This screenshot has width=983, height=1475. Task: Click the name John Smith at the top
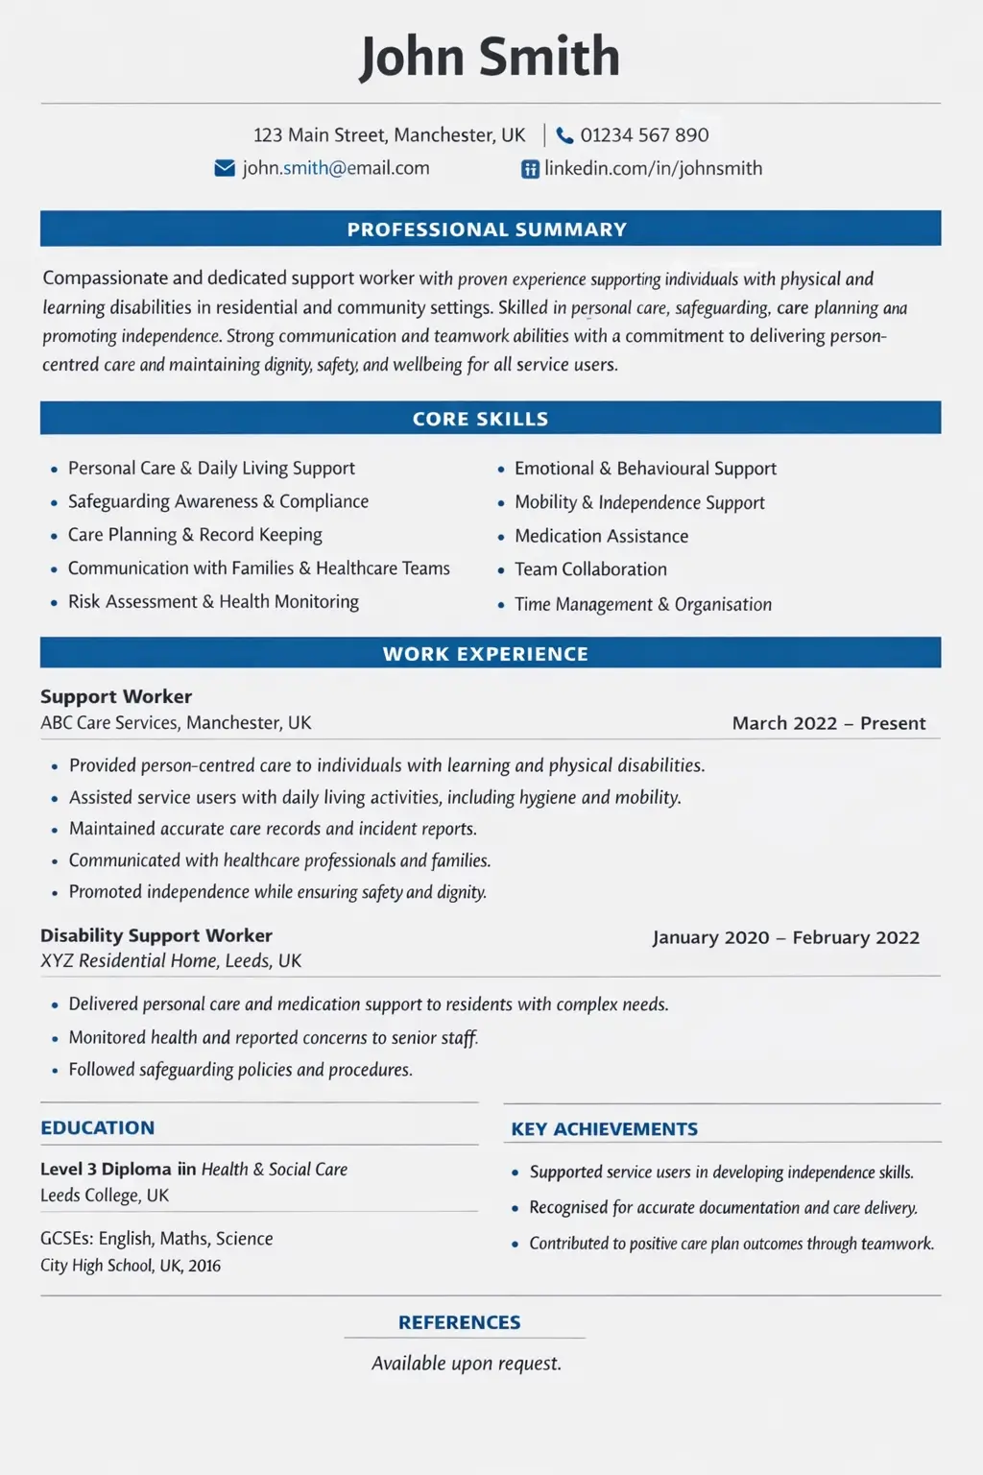coord(490,57)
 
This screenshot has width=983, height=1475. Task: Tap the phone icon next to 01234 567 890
coord(564,135)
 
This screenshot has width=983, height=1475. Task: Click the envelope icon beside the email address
coord(225,169)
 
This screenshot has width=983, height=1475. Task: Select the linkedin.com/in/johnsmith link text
coord(653,169)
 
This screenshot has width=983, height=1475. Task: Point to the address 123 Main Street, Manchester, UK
coord(389,135)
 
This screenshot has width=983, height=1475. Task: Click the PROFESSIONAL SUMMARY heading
coord(487,230)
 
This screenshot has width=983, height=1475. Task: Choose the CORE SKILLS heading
coord(480,419)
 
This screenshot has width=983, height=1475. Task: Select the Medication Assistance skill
coord(601,536)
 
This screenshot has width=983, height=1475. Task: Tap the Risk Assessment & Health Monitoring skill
coord(213,602)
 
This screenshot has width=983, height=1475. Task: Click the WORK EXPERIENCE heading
coord(485,654)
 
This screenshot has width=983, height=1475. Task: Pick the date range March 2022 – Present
coord(828,723)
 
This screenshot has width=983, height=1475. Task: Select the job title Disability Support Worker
coord(156,935)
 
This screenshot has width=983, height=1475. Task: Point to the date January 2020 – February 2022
coord(785,937)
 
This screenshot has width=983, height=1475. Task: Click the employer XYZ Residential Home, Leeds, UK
coord(171,961)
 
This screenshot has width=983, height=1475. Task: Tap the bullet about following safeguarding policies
coord(240,1070)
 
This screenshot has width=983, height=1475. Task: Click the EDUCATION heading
coord(97,1128)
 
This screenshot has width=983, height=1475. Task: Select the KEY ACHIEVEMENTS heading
coord(604,1129)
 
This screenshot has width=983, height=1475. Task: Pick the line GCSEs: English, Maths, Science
coord(156,1239)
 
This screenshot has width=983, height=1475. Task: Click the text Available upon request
coord(467,1364)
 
